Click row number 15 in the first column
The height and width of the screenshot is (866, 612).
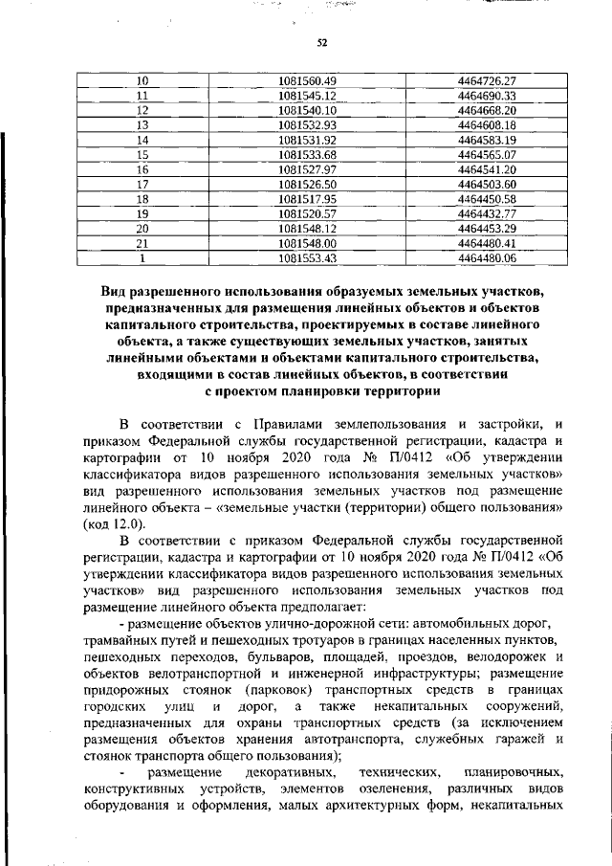click(x=142, y=154)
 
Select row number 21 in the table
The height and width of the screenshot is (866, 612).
click(x=142, y=243)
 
